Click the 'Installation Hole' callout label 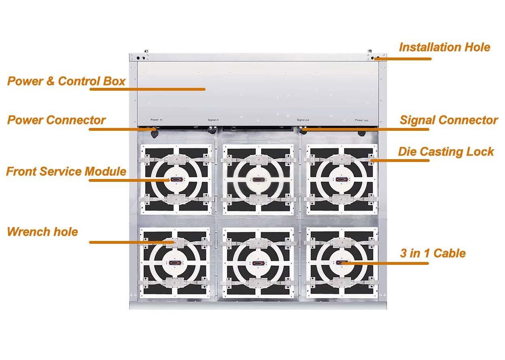click(444, 47)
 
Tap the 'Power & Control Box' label click(66, 81)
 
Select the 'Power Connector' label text click(56, 120)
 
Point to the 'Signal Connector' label click(448, 120)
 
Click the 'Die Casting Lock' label click(446, 152)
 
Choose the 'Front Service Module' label click(66, 171)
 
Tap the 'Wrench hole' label click(42, 232)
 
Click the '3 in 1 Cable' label click(433, 253)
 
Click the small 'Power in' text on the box click(157, 120)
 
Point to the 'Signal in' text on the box click(213, 120)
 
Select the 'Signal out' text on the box click(303, 120)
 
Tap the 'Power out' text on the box click(362, 120)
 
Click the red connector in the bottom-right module click(341, 263)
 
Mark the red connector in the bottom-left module click(175, 263)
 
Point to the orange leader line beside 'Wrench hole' click(129, 242)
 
